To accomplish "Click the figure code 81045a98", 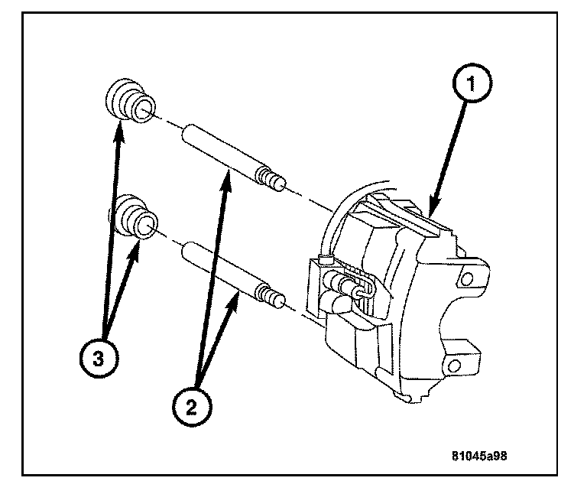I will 478,455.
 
